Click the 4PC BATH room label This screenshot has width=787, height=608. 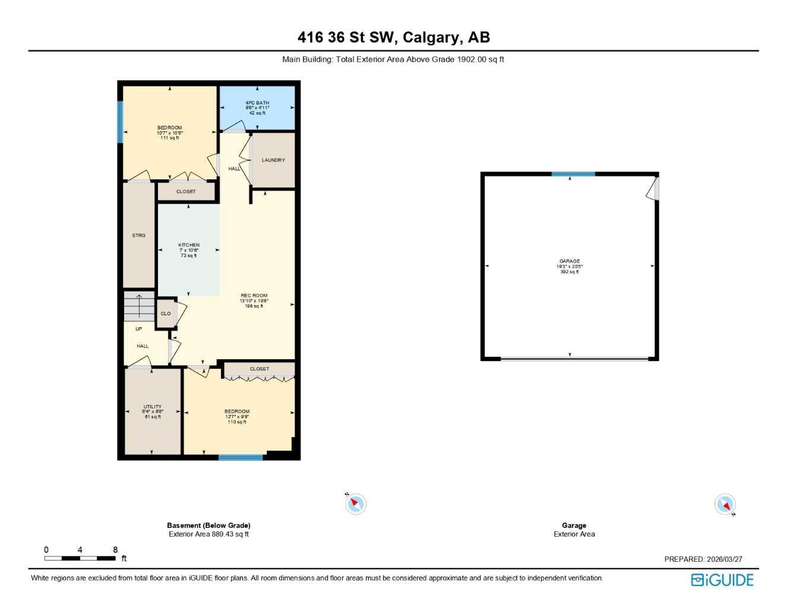point(257,103)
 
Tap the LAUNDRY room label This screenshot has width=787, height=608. point(273,160)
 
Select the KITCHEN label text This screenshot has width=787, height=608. point(189,245)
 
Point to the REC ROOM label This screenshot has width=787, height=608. point(254,296)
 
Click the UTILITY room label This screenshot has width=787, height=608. point(153,407)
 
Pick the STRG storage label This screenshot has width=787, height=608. point(138,236)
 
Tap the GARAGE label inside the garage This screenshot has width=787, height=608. point(569,261)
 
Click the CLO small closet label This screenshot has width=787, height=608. point(166,313)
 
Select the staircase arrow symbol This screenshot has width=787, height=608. point(138,306)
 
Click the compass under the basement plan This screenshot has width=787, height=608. point(356,504)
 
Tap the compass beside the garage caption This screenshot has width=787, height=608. point(725,505)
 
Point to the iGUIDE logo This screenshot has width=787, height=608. point(722,580)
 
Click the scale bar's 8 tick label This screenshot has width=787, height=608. point(115,550)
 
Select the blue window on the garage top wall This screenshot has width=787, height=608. point(573,174)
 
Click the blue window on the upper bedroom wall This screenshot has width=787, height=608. point(120,122)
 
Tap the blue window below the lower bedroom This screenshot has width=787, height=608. point(241,457)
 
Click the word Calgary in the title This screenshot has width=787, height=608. point(431,37)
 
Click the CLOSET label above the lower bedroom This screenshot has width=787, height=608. point(259,369)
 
